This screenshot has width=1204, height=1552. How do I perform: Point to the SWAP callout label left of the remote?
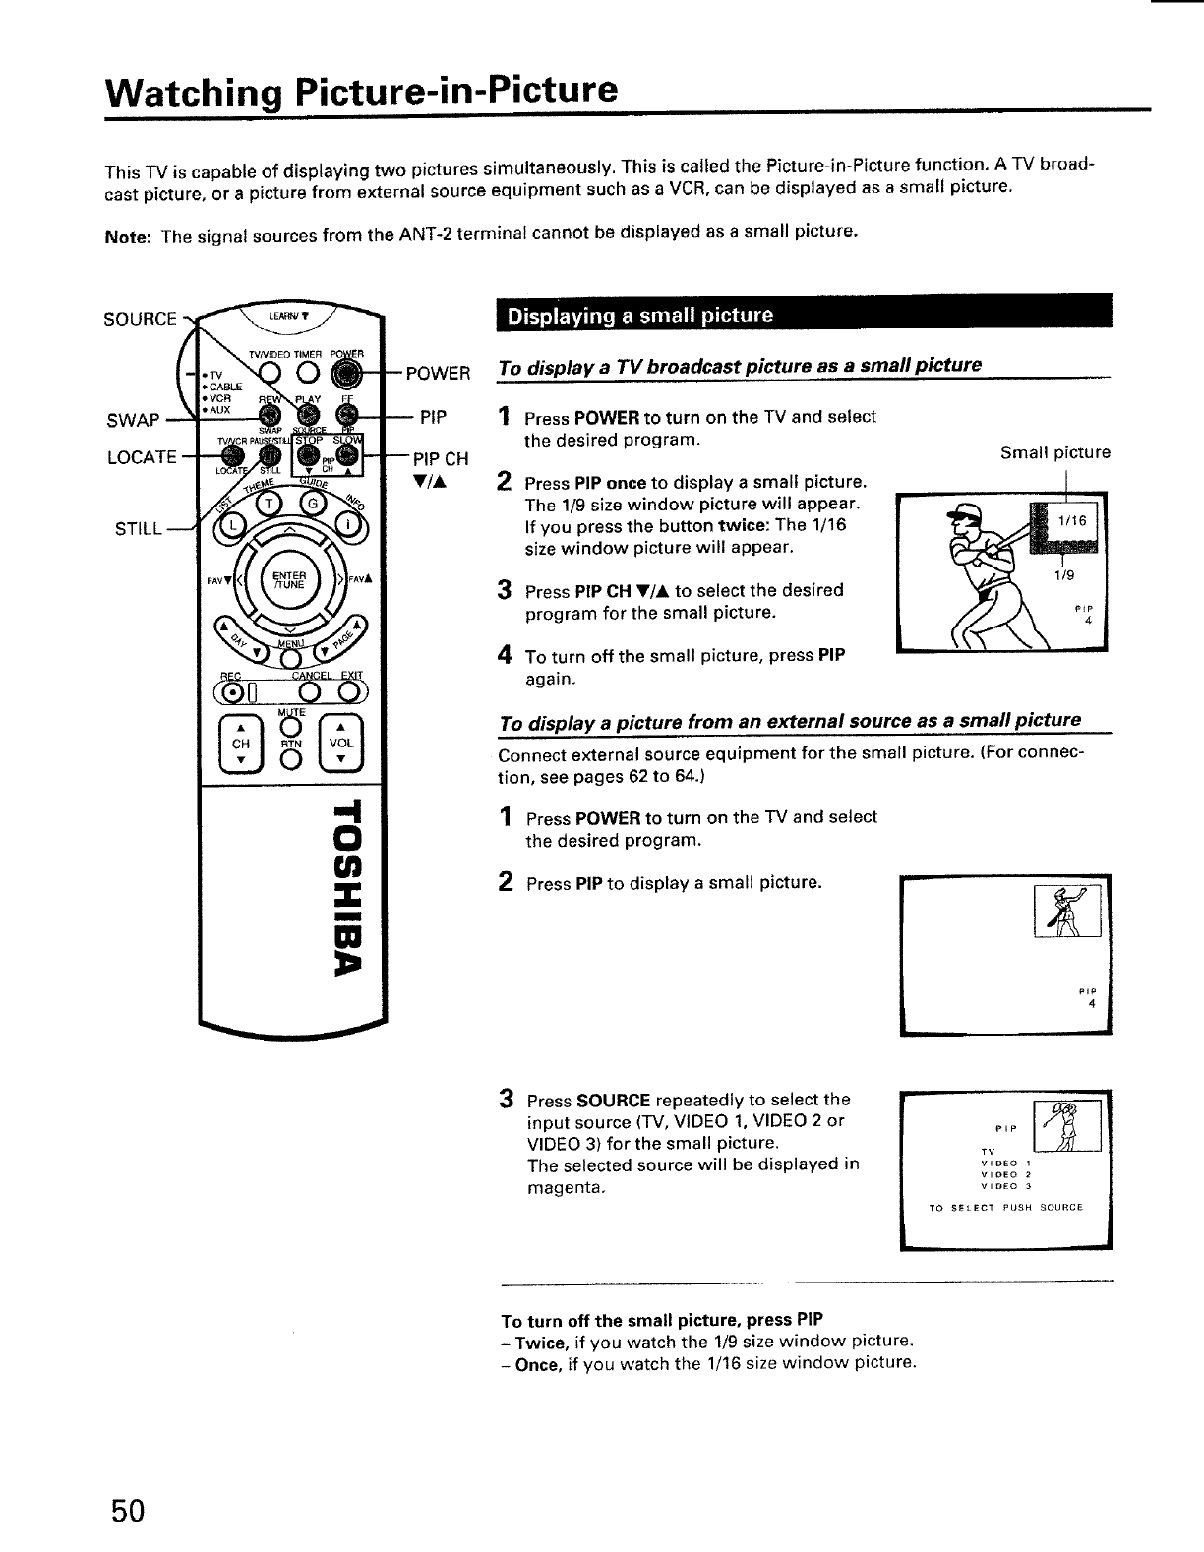tap(132, 421)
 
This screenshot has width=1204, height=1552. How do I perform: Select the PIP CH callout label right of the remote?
tap(440, 459)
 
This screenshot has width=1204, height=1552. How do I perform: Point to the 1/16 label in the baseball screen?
tap(1072, 521)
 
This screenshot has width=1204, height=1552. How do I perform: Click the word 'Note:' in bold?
tap(126, 234)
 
